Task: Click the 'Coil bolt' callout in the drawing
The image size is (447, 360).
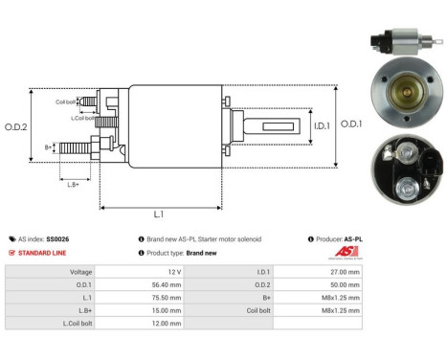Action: [66, 101]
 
